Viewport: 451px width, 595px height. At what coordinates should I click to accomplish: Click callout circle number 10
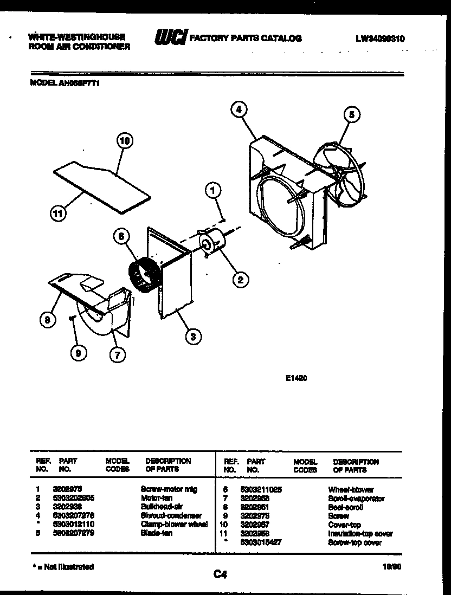coord(125,141)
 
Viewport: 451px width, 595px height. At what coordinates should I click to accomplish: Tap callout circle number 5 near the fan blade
coord(351,114)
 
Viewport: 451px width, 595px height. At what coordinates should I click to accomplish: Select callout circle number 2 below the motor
coord(240,279)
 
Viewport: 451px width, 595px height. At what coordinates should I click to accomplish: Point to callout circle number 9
coord(79,353)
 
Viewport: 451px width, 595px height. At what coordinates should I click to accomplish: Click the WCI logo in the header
coord(170,37)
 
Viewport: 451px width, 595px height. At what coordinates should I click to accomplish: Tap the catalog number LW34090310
coord(381,38)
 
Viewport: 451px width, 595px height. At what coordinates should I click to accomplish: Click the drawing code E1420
coord(296,379)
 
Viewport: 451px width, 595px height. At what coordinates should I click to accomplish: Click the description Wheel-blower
coord(351,489)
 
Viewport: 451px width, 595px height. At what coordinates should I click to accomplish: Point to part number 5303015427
coord(261,542)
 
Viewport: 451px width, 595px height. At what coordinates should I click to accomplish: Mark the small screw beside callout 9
coord(71,319)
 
